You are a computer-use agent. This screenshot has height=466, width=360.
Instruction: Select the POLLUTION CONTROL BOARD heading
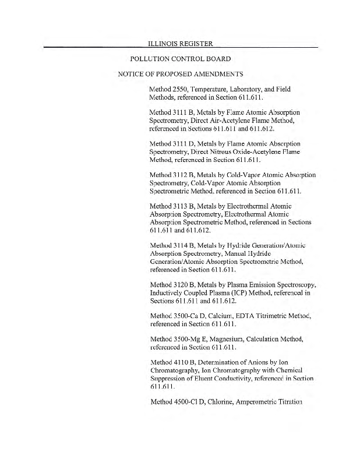[x=181, y=59]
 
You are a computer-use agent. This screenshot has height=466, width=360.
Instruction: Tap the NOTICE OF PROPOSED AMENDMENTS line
[x=180, y=75]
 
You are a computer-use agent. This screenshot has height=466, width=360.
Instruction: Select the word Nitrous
[x=235, y=151]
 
